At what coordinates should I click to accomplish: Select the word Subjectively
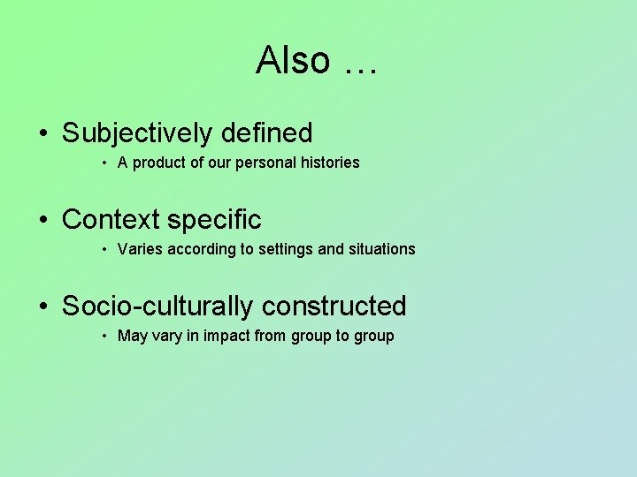[x=137, y=132]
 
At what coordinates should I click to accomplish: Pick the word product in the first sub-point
[x=159, y=163]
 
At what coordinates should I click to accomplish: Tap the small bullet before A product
[x=104, y=163]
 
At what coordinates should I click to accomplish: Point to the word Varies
[x=140, y=249]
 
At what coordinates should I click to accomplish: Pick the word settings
[x=287, y=249]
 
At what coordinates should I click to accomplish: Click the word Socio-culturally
[x=157, y=306]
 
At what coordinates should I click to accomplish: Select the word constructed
[x=334, y=306]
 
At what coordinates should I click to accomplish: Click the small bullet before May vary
[x=104, y=337]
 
